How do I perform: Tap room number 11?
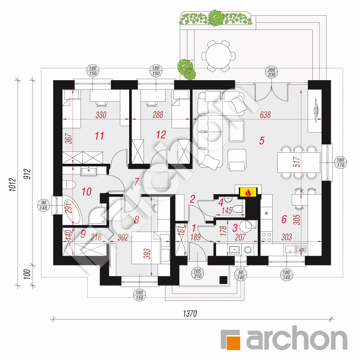(100, 135)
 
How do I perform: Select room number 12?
(161, 135)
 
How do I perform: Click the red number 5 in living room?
(262, 141)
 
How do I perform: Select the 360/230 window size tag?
(272, 72)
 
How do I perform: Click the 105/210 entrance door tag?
(195, 273)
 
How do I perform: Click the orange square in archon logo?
(231, 340)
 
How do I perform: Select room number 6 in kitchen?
(284, 219)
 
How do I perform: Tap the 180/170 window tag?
(341, 163)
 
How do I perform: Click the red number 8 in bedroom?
(136, 219)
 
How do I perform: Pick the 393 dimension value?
(146, 253)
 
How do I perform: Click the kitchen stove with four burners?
(266, 237)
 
